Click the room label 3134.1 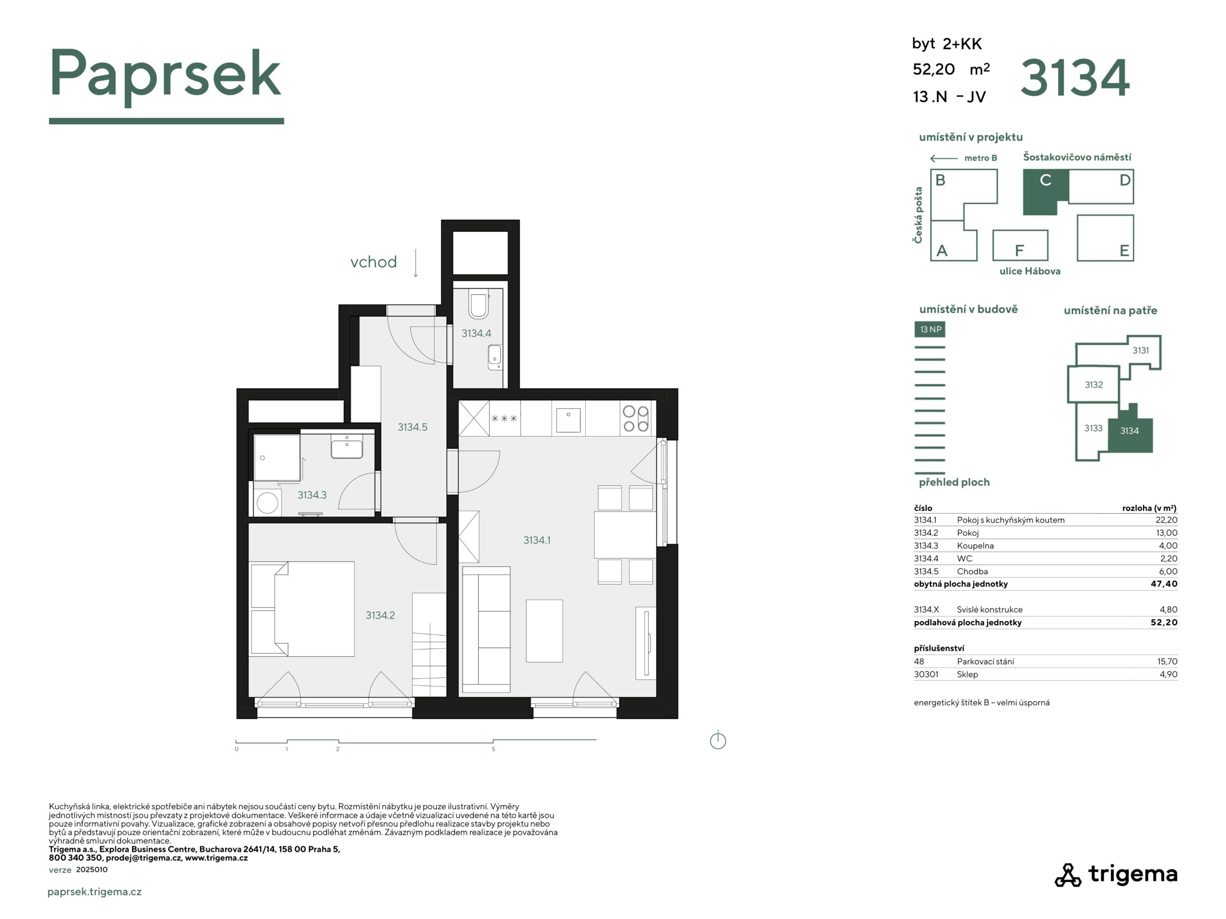(536, 540)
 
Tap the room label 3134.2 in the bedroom (380, 615)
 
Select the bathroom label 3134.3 (312, 494)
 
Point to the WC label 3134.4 (476, 333)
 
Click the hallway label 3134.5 (412, 426)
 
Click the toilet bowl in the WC (478, 305)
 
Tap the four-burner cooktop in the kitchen (635, 418)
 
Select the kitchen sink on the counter (568, 419)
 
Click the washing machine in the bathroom (267, 503)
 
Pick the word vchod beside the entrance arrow (373, 261)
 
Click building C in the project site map (1045, 191)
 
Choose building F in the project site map (1020, 245)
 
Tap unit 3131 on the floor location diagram (1141, 350)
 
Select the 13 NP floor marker (931, 329)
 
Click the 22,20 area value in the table (1166, 520)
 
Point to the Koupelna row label (976, 546)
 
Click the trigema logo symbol (1067, 875)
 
